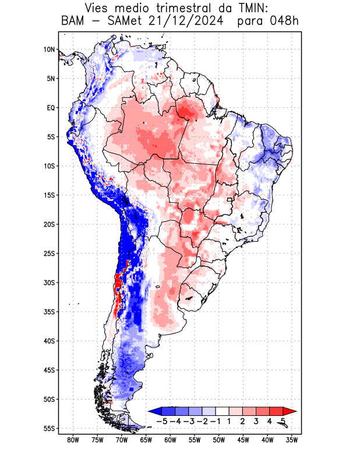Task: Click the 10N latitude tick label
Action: tap(49, 50)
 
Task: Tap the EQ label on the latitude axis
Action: tap(50, 108)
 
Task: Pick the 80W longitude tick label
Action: tap(73, 440)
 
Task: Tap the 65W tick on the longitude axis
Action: tap(146, 440)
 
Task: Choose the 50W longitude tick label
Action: tap(219, 440)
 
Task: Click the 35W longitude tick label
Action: tap(292, 440)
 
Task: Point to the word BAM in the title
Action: tap(72, 22)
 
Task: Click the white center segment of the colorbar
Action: tap(223, 411)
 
